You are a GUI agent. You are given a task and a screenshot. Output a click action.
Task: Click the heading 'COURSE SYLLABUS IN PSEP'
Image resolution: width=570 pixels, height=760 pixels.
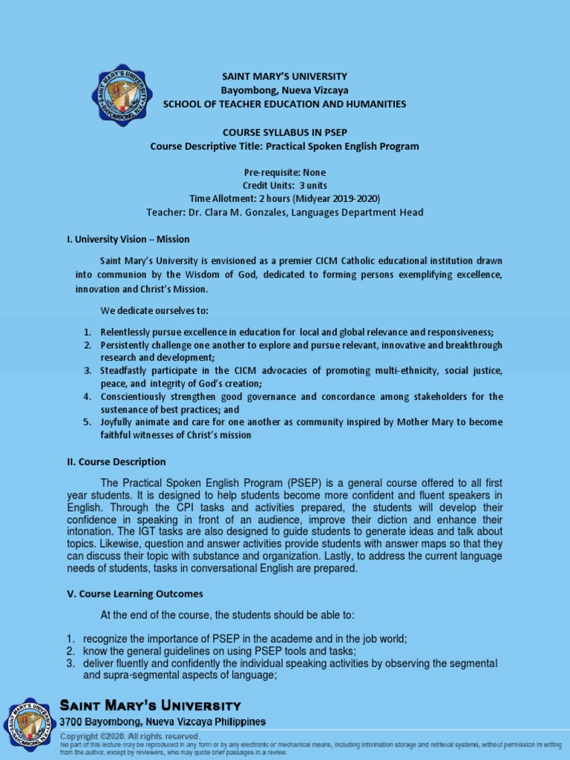285,132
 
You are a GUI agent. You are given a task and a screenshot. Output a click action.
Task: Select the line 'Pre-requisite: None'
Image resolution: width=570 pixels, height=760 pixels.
285,172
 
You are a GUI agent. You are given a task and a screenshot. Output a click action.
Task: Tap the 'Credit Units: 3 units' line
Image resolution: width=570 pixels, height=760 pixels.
285,186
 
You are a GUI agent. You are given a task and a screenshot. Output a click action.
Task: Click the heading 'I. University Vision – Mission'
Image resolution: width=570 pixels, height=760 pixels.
128,239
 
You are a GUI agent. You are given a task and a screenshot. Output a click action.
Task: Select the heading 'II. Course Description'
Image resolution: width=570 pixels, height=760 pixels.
117,462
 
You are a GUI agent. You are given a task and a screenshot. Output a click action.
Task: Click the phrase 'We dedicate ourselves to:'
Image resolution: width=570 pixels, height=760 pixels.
154,309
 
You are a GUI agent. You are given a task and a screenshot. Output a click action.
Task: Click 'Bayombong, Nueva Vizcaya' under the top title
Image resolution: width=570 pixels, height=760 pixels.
285,91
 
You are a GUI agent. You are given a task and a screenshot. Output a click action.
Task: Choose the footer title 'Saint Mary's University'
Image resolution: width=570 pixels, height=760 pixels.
150,706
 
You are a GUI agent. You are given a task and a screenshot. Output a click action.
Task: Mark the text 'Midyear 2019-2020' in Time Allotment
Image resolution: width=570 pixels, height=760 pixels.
340,199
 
